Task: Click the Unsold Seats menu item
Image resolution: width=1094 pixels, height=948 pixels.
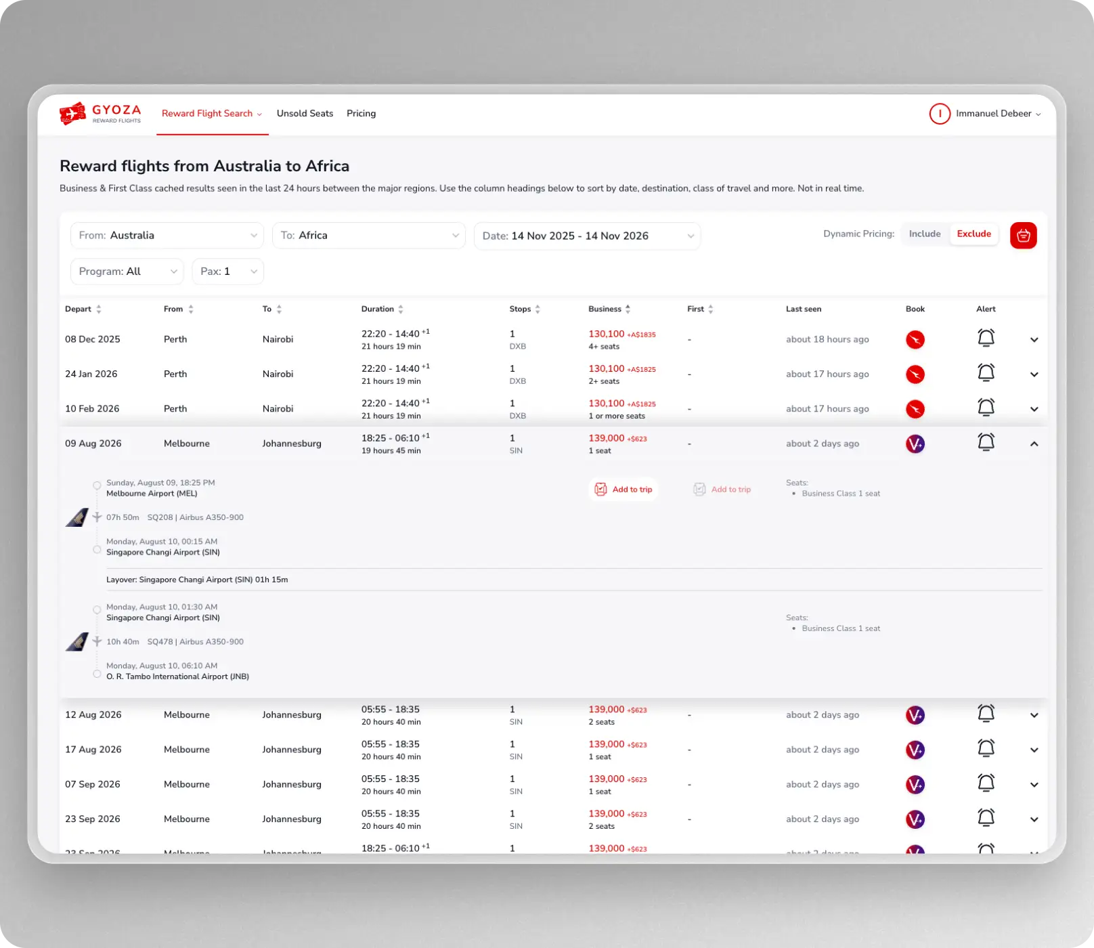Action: click(305, 114)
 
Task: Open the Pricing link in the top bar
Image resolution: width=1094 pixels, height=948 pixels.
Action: click(361, 114)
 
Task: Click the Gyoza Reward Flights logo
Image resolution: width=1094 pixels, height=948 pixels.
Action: click(100, 114)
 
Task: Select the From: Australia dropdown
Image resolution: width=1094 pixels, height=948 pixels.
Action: click(167, 236)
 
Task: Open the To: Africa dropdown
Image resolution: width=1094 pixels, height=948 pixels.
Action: click(368, 236)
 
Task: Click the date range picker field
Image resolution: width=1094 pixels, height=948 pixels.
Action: click(587, 236)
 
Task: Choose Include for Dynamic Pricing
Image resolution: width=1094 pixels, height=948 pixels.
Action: click(924, 234)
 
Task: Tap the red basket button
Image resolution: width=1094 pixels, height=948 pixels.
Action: click(1023, 236)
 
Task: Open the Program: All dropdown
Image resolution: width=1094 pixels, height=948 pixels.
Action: click(127, 272)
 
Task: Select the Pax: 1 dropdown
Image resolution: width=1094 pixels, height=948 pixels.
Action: click(227, 272)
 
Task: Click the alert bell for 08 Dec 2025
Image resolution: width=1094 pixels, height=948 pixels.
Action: click(986, 338)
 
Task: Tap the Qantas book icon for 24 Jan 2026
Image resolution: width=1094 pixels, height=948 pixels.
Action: click(915, 374)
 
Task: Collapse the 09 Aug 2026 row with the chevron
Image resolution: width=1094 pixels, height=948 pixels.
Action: click(1034, 444)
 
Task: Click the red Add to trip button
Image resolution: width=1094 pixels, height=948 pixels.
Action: click(623, 490)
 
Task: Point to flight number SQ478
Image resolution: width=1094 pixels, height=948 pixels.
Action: click(160, 642)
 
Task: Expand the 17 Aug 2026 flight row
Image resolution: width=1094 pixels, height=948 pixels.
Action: click(1034, 750)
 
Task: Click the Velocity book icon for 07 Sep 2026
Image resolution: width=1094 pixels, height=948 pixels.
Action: click(915, 785)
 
